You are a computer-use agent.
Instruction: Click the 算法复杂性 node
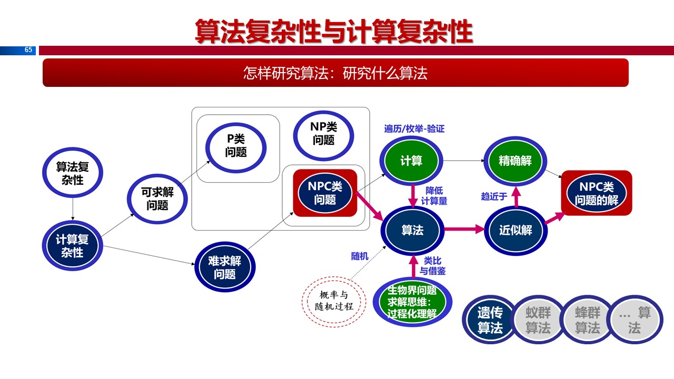(x=72, y=173)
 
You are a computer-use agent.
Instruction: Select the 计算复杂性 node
(x=72, y=245)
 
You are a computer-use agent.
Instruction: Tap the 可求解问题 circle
(x=157, y=199)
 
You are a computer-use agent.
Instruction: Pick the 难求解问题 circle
(x=225, y=267)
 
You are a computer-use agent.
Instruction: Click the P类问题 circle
(x=235, y=145)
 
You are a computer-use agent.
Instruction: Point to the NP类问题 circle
(x=323, y=133)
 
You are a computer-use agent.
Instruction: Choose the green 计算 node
(x=411, y=161)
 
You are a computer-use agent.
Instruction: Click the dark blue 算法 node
(x=412, y=230)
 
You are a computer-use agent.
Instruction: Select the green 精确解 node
(x=515, y=161)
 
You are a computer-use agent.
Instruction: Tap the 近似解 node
(x=516, y=230)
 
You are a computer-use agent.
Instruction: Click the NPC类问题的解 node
(x=597, y=193)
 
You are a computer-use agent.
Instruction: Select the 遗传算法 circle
(x=490, y=320)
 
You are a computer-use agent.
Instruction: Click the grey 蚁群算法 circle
(x=538, y=320)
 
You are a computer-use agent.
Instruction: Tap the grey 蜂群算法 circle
(x=587, y=320)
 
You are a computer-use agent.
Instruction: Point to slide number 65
(x=28, y=50)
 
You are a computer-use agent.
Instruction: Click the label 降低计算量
(x=434, y=195)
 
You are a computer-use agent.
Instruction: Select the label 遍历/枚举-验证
(x=414, y=128)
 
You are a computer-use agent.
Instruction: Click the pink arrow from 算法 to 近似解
(x=464, y=230)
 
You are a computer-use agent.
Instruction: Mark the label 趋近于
(x=493, y=196)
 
